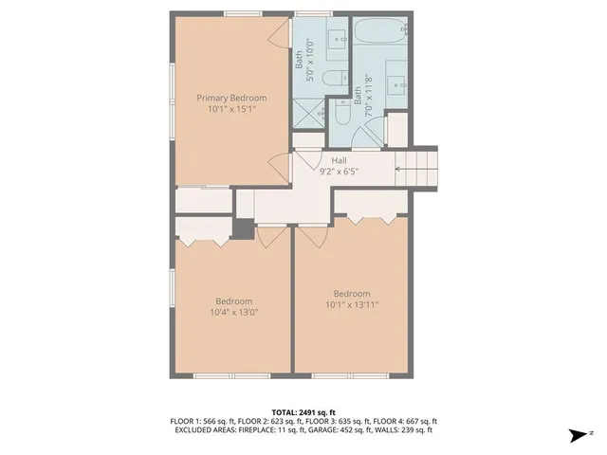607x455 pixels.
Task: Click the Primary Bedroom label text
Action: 231,98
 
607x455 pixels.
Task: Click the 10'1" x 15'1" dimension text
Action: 231,109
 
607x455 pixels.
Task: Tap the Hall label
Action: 339,161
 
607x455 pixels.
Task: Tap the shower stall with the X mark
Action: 309,113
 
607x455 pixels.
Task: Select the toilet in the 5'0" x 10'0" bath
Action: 334,80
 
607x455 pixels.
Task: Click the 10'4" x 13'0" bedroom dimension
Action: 233,312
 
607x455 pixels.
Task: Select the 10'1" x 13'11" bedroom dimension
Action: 351,304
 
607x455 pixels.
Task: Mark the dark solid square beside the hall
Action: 245,229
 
